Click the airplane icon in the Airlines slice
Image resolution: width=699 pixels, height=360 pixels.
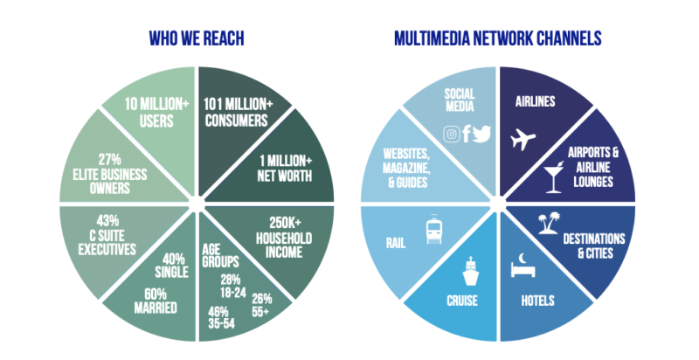pyautogui.click(x=523, y=139)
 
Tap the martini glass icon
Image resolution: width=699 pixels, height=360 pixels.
pyautogui.click(x=554, y=177)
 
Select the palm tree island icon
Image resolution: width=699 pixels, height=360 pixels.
pyautogui.click(x=550, y=223)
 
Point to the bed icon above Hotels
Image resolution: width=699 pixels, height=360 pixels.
pyautogui.click(x=523, y=265)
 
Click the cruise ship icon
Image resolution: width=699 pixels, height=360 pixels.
pyautogui.click(x=470, y=271)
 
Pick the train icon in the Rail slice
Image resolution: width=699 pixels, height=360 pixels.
pyautogui.click(x=433, y=229)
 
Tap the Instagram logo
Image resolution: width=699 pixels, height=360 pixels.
pyautogui.click(x=452, y=134)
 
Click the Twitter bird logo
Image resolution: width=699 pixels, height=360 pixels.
pyautogui.click(x=481, y=134)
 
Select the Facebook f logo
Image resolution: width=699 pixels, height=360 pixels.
pyautogui.click(x=467, y=133)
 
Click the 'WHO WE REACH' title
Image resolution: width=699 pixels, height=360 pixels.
pyautogui.click(x=197, y=38)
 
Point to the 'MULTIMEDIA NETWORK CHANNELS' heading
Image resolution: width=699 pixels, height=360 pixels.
pyautogui.click(x=498, y=38)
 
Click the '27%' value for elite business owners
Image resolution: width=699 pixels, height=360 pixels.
pyautogui.click(x=110, y=160)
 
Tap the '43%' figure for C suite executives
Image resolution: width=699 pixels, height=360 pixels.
pyautogui.click(x=107, y=221)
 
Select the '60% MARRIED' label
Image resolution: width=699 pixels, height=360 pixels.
pyautogui.click(x=156, y=301)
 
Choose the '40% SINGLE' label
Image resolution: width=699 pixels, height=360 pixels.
pyautogui.click(x=171, y=266)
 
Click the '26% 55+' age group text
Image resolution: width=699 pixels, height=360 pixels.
pyautogui.click(x=261, y=305)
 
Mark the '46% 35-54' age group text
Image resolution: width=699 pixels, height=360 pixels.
pyautogui.click(x=221, y=317)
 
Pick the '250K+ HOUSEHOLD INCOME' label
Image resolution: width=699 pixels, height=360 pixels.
pyautogui.click(x=284, y=238)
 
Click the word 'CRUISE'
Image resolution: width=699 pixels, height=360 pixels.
pyautogui.click(x=462, y=301)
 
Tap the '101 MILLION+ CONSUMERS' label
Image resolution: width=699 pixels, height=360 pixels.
pyautogui.click(x=238, y=112)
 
